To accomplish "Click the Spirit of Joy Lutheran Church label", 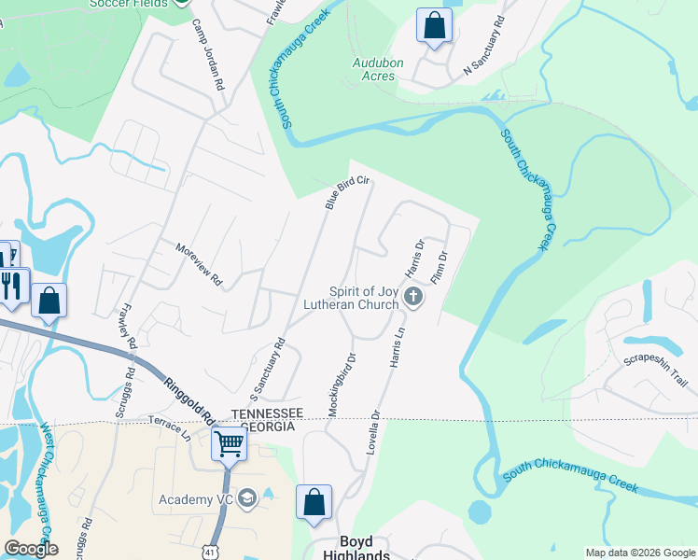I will pyautogui.click(x=351, y=298).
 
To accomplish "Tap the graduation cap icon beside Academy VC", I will pyautogui.click(x=247, y=499).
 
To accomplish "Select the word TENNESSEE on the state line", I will pyautogui.click(x=269, y=413).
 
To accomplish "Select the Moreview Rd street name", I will pyautogui.click(x=201, y=264).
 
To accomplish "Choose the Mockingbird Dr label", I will pyautogui.click(x=340, y=384).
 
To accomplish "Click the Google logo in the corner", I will pyautogui.click(x=31, y=549).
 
